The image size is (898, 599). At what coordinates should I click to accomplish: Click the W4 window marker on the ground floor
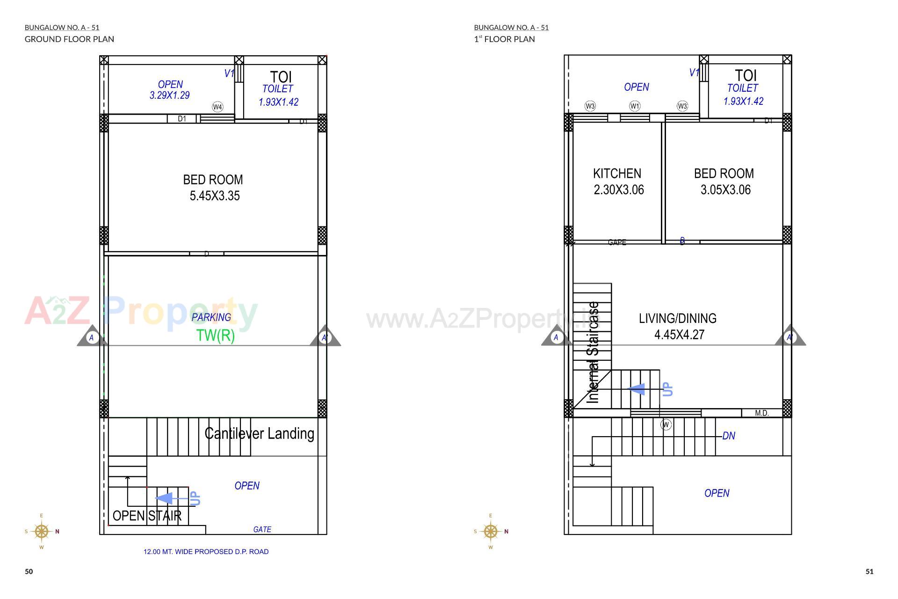(x=217, y=107)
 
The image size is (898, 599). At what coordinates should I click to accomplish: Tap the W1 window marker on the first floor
(x=635, y=106)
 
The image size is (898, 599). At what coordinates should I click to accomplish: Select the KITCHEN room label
(x=617, y=174)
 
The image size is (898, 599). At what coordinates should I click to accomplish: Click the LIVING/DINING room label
(x=677, y=319)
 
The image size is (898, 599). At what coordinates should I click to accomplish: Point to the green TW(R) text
(x=215, y=336)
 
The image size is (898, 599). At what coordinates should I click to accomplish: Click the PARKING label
(x=211, y=317)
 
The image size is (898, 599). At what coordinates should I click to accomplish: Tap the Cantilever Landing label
(x=259, y=434)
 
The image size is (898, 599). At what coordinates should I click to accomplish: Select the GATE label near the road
(x=262, y=529)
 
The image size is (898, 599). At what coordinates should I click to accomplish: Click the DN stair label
(x=729, y=436)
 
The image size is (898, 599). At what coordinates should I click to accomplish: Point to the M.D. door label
(x=761, y=413)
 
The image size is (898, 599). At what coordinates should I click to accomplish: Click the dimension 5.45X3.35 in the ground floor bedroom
(x=215, y=196)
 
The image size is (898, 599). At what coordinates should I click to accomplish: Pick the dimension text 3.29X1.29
(x=169, y=95)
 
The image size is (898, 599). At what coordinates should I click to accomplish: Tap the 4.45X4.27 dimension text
(x=679, y=335)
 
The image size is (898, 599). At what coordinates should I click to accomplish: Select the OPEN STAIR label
(x=147, y=516)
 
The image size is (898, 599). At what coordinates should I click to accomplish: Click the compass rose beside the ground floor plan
(x=42, y=532)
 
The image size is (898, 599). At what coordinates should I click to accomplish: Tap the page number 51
(x=869, y=571)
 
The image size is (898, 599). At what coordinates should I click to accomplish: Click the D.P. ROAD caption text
(x=206, y=552)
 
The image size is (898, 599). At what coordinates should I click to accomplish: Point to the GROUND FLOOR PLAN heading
(x=69, y=39)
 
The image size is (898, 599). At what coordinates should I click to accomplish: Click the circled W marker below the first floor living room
(x=666, y=425)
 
